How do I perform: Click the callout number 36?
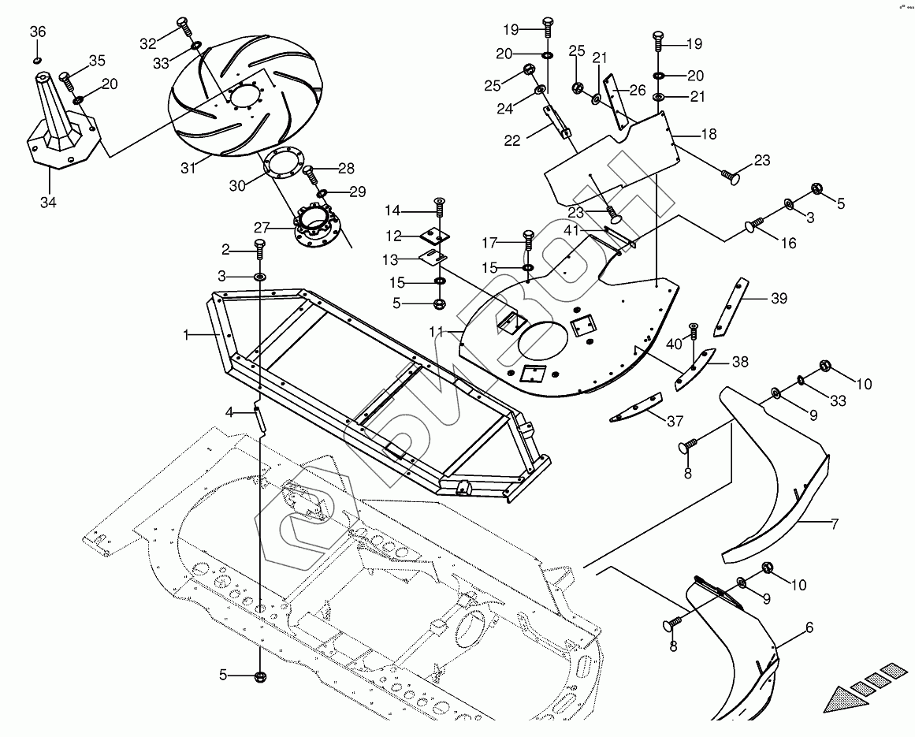(x=38, y=32)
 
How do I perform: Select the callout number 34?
(x=48, y=203)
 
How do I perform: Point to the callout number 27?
(x=262, y=228)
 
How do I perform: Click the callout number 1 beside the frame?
(x=187, y=335)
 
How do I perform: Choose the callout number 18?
(x=708, y=134)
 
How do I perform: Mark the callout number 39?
(x=779, y=298)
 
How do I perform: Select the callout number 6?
(x=809, y=627)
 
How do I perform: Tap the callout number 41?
(x=571, y=231)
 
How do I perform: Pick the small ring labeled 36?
(x=38, y=60)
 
